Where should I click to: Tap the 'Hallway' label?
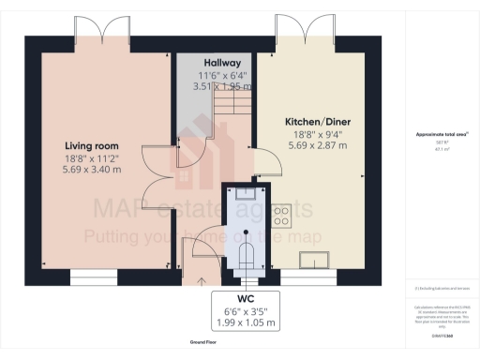217,60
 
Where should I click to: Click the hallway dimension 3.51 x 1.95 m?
217,85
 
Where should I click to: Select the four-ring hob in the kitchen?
279,217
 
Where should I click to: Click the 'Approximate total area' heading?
442,134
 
